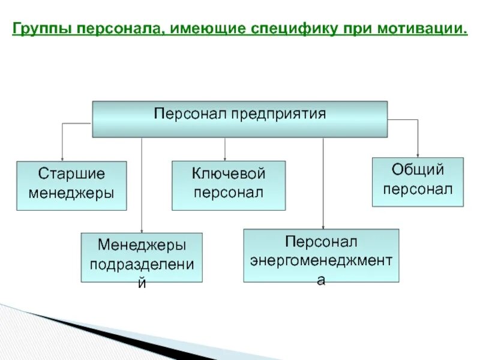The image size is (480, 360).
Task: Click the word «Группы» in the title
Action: coord(41,29)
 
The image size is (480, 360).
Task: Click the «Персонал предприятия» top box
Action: coord(239,119)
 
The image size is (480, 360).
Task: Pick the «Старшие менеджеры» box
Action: coord(71,185)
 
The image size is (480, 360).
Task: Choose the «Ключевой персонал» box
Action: coord(229,185)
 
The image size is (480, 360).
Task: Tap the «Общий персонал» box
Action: coord(418,182)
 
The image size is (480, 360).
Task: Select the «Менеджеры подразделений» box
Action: coord(142,257)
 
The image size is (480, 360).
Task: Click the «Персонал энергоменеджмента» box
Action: coord(321,256)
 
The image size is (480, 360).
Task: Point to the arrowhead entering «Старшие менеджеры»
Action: coord(62,157)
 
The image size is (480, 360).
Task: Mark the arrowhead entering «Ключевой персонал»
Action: coord(224,157)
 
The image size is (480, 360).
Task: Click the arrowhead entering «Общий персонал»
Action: coord(418,154)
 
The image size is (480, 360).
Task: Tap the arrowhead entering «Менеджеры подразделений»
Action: coord(142,229)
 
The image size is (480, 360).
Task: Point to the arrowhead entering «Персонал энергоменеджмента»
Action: coord(323,226)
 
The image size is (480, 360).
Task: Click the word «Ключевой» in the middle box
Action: coord(229,175)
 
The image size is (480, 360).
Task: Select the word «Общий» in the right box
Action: coord(418,170)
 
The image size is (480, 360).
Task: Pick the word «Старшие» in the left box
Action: coord(71,175)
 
